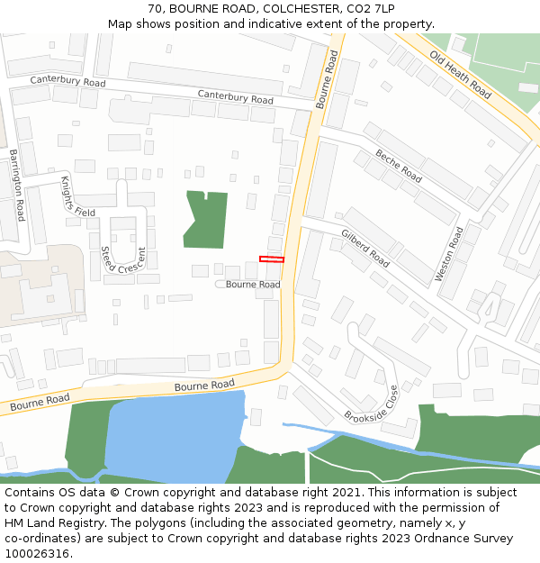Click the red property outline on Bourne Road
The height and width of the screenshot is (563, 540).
click(272, 259)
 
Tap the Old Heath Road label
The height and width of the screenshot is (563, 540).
click(460, 75)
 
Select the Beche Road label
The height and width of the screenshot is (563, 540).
click(399, 166)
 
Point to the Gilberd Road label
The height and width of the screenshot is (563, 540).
click(365, 249)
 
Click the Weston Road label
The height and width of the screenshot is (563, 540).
click(449, 253)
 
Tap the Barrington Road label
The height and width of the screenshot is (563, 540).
click(16, 186)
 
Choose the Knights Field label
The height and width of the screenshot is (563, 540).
click(77, 196)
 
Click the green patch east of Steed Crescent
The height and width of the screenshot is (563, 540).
click(207, 219)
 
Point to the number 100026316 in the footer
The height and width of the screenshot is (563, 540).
click(36, 554)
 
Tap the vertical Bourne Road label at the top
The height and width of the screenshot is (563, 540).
click(328, 79)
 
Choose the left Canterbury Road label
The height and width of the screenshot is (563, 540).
click(67, 81)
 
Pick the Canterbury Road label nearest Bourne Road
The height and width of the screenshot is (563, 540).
click(235, 97)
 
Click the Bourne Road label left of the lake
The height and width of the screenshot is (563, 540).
click(40, 403)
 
